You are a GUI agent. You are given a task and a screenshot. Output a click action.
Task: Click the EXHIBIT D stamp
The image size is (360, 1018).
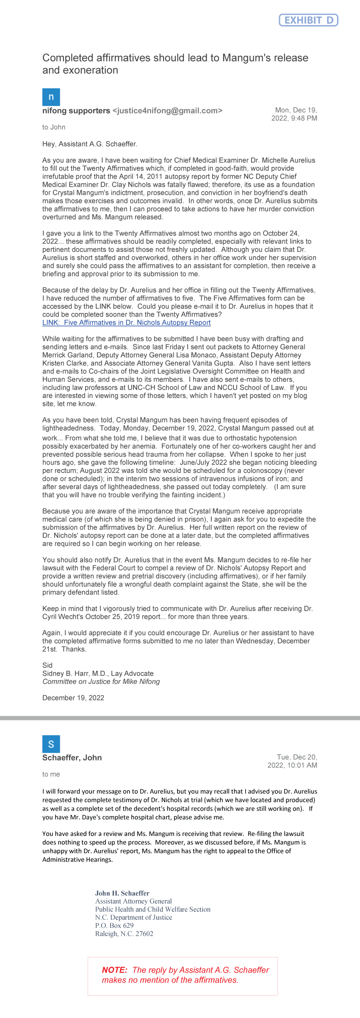point(308,20)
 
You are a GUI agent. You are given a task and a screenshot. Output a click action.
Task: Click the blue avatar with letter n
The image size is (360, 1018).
point(51,97)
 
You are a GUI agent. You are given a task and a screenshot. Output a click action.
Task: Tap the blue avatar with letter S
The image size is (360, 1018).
point(51,744)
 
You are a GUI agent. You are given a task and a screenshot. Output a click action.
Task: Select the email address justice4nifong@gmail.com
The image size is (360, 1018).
point(167,111)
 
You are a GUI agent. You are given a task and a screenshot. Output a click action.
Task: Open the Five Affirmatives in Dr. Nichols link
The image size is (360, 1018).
point(126,323)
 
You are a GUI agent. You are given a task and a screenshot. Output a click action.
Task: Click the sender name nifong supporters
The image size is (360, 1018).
point(76,111)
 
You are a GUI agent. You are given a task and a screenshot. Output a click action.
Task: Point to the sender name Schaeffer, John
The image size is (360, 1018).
point(72,758)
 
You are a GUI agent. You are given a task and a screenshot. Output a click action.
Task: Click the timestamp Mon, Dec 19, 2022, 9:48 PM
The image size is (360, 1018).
point(295,114)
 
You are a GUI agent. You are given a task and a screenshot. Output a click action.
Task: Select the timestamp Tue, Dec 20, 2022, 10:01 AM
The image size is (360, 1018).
point(293,761)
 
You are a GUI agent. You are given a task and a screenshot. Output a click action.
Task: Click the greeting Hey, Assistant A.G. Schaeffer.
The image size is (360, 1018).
point(90,144)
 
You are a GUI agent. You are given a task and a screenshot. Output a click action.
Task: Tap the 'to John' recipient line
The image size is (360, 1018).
point(54,127)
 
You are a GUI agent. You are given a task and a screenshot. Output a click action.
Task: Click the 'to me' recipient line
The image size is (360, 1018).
point(51,774)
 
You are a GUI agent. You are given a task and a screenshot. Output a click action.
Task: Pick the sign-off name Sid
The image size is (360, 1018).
point(47,665)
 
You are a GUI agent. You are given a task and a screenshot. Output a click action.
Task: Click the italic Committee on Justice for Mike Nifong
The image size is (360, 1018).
point(101,682)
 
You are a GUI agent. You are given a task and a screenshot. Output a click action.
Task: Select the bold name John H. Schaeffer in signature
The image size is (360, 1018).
point(122,893)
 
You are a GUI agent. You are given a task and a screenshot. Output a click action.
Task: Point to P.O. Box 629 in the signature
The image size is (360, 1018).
point(114,926)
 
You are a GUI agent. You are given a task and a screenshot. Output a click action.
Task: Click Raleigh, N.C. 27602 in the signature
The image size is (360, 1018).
point(124,934)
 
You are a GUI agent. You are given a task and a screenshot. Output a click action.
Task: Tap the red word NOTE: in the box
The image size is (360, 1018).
point(114,970)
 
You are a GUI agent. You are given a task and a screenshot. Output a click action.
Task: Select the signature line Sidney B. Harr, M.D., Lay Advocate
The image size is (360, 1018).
point(98,673)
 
